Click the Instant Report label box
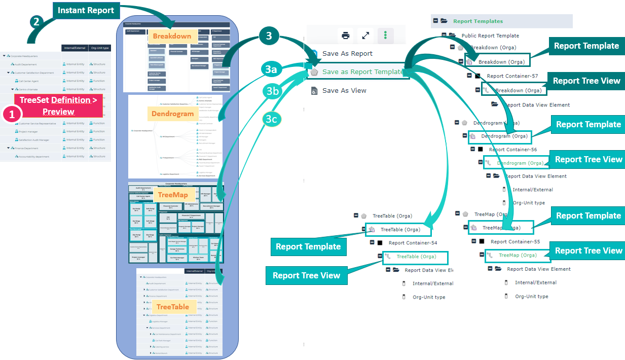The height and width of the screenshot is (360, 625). pyautogui.click(x=86, y=10)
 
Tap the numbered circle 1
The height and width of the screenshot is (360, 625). pyautogui.click(x=11, y=114)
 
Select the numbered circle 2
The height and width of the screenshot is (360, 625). pyautogui.click(x=36, y=21)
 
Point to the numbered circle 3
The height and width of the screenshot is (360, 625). pyautogui.click(x=269, y=36)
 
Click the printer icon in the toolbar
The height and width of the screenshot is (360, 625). pyautogui.click(x=346, y=35)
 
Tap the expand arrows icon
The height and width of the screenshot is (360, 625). pyautogui.click(x=365, y=35)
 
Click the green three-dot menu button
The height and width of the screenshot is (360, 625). pyautogui.click(x=386, y=35)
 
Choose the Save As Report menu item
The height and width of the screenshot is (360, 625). pyautogui.click(x=347, y=53)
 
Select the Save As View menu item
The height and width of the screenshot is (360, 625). pyautogui.click(x=344, y=90)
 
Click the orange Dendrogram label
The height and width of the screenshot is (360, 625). pyautogui.click(x=173, y=114)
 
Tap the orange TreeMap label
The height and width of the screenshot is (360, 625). pyautogui.click(x=173, y=195)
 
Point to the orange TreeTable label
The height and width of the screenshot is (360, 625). pyautogui.click(x=172, y=307)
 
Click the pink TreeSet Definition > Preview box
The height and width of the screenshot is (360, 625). pyautogui.click(x=58, y=106)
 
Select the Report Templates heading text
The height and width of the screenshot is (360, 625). pyautogui.click(x=478, y=21)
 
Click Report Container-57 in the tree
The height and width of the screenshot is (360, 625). pyautogui.click(x=512, y=76)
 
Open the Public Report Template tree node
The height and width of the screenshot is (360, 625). pyautogui.click(x=490, y=35)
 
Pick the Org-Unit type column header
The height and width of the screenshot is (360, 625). pyautogui.click(x=100, y=48)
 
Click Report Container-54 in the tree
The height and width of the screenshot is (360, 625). pyautogui.click(x=413, y=243)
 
